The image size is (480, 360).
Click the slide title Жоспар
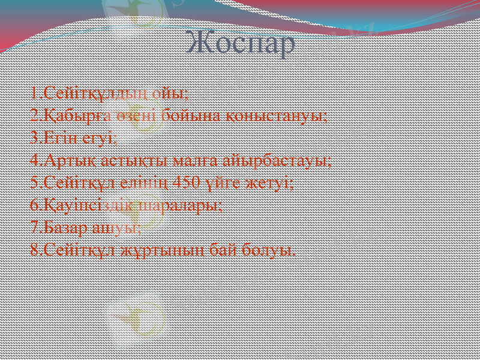click(241, 43)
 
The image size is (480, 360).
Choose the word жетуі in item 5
click(269, 182)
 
